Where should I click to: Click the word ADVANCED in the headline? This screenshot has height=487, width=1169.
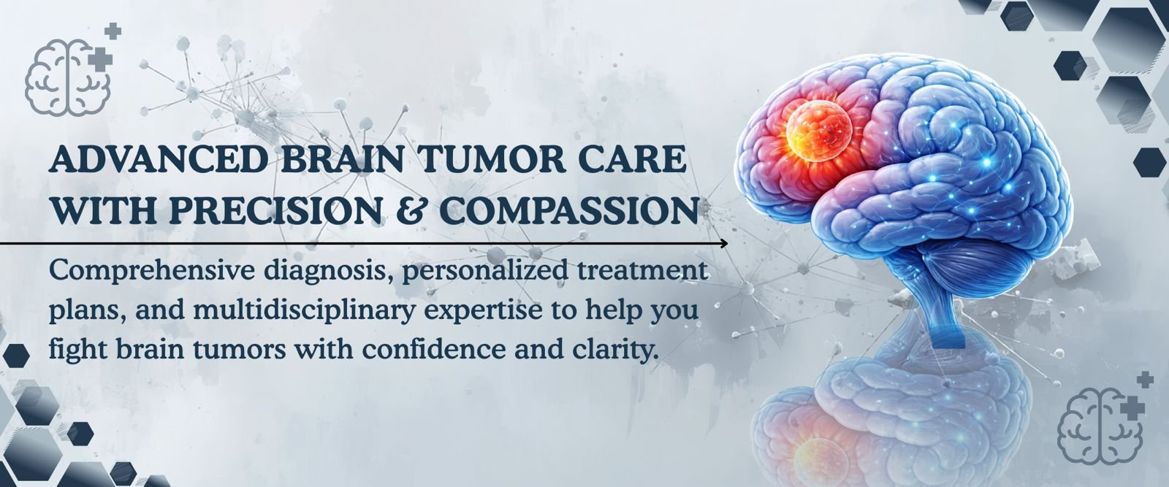pyautogui.click(x=158, y=160)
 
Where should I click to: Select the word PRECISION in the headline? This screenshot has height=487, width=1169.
pyautogui.click(x=274, y=210)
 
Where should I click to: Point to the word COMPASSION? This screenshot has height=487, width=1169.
pyautogui.click(x=568, y=210)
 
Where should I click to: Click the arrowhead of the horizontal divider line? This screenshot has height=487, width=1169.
pyautogui.click(x=724, y=244)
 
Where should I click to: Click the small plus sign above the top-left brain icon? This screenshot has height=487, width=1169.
pyautogui.click(x=113, y=31)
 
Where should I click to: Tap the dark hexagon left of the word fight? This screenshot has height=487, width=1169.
pyautogui.click(x=16, y=355)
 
